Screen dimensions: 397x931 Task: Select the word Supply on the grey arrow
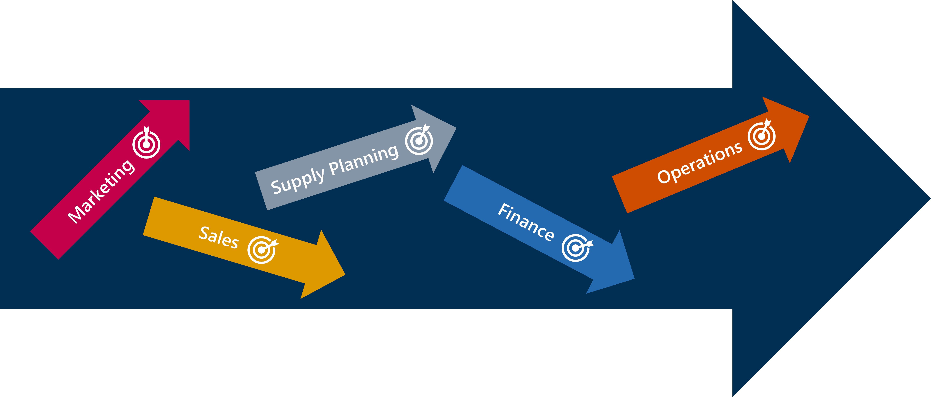[297, 181]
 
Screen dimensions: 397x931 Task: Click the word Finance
[526, 222]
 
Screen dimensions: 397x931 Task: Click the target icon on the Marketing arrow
[146, 144]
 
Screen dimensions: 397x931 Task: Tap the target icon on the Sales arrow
[262, 249]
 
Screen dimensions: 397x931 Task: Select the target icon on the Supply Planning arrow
[419, 140]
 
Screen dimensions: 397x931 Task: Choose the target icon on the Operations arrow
[761, 136]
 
